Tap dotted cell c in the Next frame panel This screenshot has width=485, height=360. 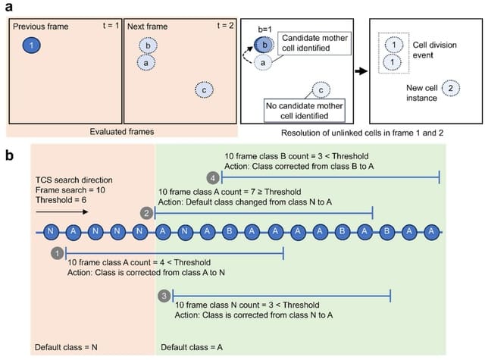tap(203, 89)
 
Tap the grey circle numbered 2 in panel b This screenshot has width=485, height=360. tap(146, 214)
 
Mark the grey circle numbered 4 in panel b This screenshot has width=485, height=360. tap(214, 177)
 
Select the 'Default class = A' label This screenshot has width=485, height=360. tap(192, 348)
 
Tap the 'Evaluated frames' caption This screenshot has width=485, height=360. tap(124, 131)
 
